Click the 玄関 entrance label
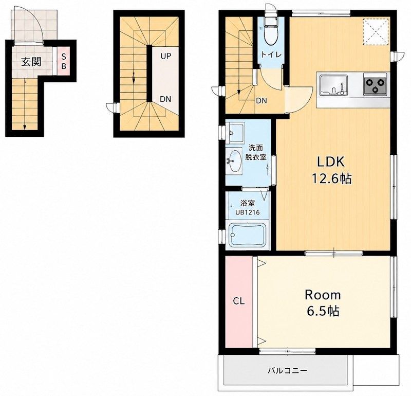click(x=31, y=62)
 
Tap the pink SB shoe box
click(x=64, y=61)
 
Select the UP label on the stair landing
click(x=166, y=56)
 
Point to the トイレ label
click(x=271, y=55)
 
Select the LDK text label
click(x=331, y=162)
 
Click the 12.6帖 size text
click(x=331, y=179)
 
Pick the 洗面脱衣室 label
click(x=256, y=152)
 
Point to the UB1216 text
click(x=248, y=212)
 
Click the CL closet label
click(x=239, y=301)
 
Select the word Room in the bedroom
click(x=323, y=296)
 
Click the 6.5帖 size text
click(x=323, y=311)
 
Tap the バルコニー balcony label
click(x=287, y=371)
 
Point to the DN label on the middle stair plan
click(x=165, y=99)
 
